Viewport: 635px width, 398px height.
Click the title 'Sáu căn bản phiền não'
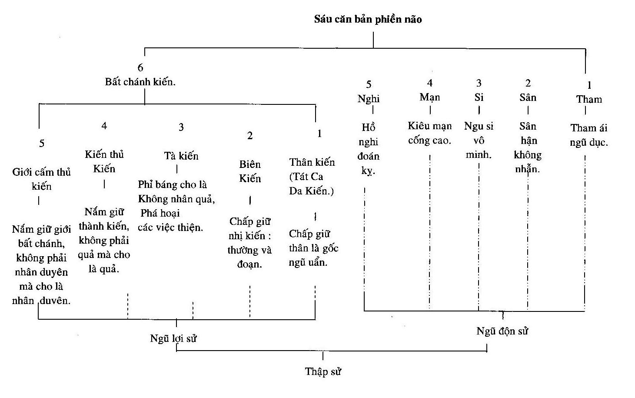tap(368, 20)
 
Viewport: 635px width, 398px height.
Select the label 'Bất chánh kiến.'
tap(140, 82)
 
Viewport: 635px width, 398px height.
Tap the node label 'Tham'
tap(589, 99)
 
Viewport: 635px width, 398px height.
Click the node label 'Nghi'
tap(369, 99)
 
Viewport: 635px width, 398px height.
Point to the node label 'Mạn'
tap(429, 97)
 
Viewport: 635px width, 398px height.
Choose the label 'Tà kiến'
tap(181, 156)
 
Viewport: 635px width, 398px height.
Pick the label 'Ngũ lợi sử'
tap(173, 338)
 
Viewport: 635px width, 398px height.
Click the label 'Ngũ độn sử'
tap(502, 331)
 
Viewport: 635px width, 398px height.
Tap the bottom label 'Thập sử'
tap(322, 371)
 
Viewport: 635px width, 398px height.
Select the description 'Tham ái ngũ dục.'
tap(589, 135)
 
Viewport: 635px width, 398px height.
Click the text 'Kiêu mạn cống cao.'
tap(429, 133)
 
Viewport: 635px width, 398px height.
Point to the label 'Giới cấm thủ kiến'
tap(41, 179)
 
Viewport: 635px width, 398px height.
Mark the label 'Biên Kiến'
tap(250, 171)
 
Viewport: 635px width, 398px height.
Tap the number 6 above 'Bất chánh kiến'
tap(140, 68)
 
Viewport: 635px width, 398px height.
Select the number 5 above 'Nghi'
tap(369, 84)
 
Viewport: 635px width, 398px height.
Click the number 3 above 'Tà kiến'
tap(181, 127)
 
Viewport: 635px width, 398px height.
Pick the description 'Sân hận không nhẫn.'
tap(528, 147)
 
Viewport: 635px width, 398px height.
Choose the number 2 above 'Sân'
tap(528, 83)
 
